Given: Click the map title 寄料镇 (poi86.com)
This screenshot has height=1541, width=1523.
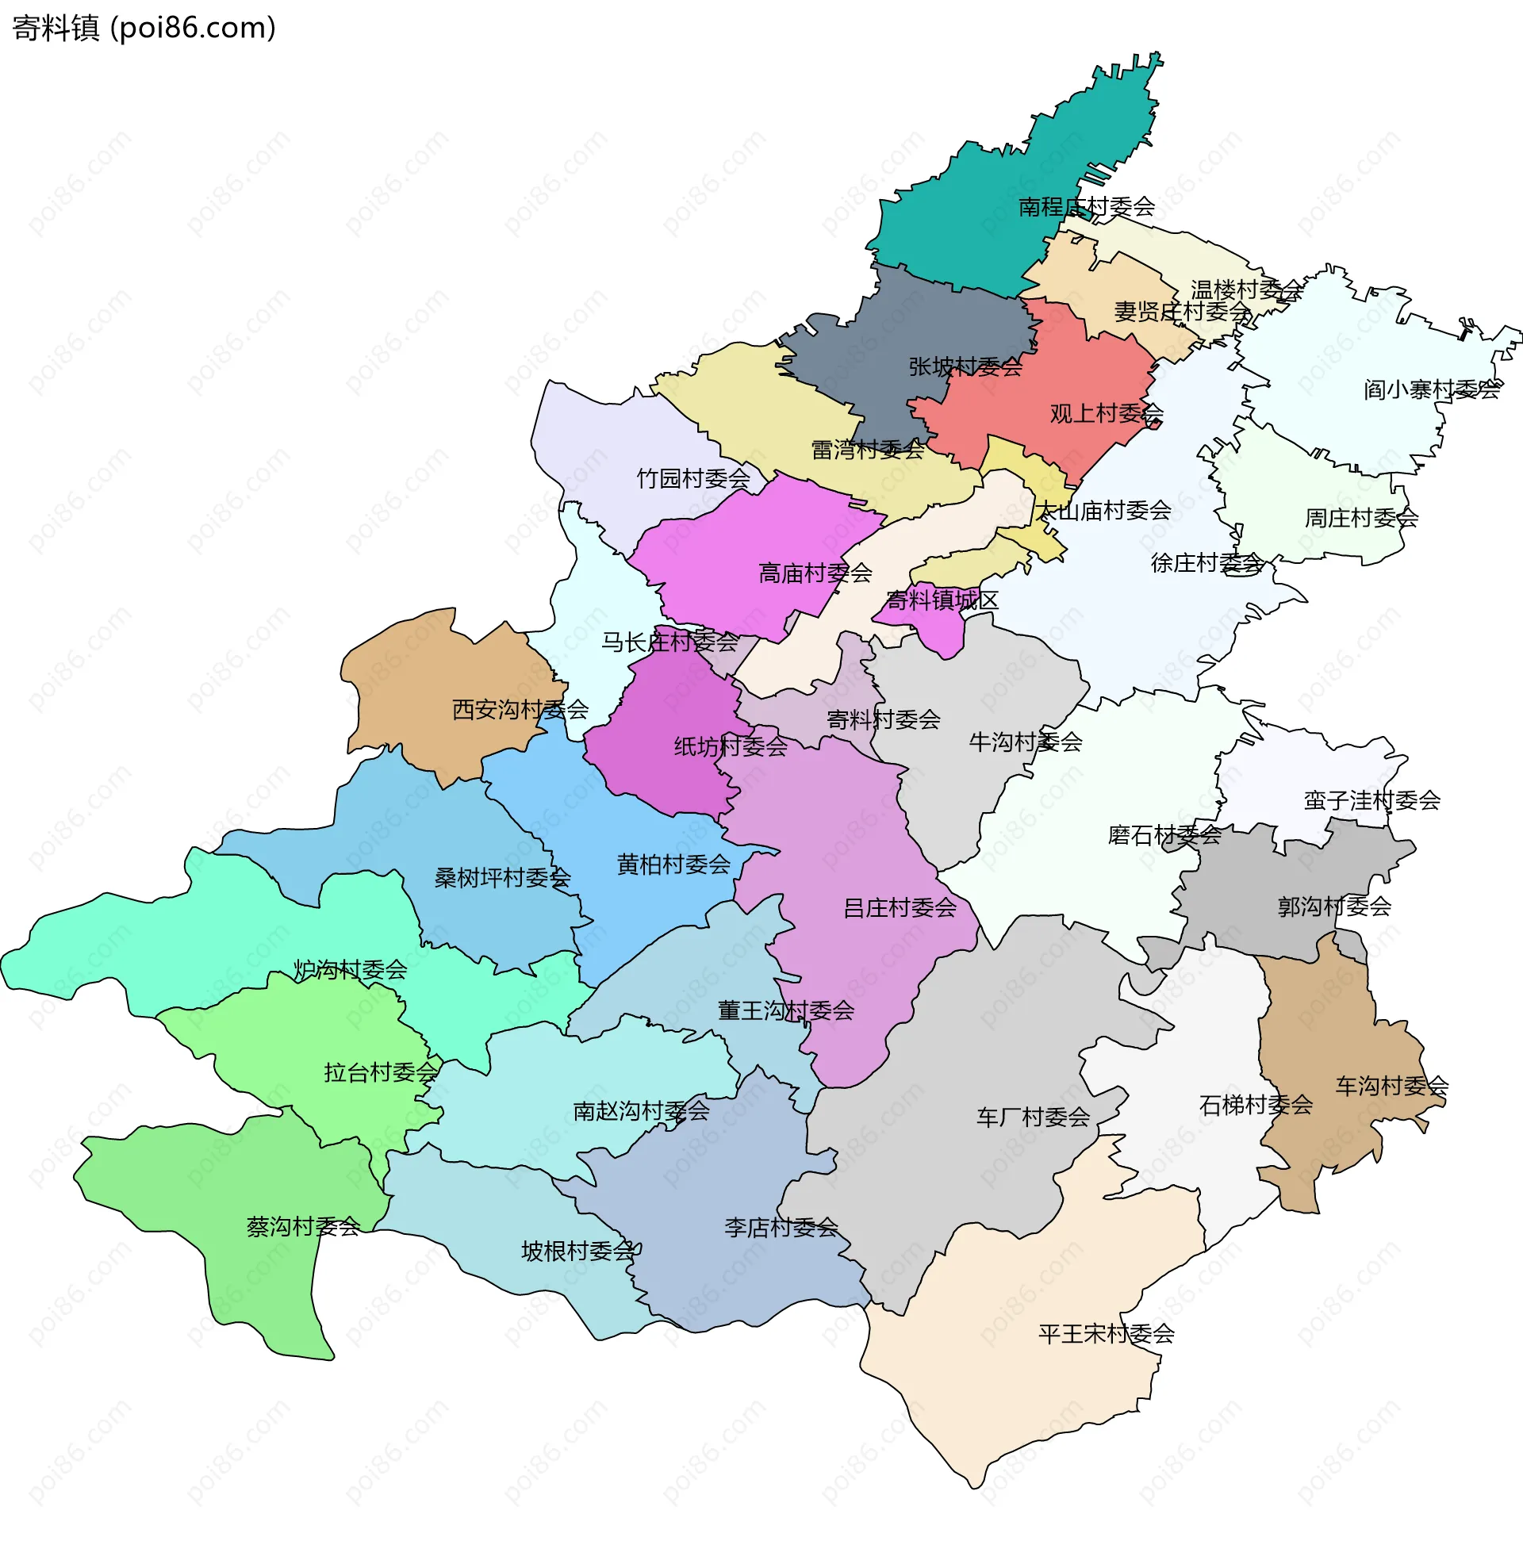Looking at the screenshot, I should coord(144,28).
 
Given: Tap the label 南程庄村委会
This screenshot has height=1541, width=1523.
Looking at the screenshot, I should coord(1087,207).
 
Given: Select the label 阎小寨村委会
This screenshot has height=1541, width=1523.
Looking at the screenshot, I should coord(1432,389).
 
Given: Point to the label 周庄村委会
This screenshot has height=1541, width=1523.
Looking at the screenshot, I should coord(1361,519).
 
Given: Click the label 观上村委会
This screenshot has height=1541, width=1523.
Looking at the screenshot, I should coord(1106,413).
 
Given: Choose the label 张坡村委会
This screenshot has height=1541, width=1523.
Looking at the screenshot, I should coord(965,367).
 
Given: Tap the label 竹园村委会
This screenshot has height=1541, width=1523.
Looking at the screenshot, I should coord(693,478).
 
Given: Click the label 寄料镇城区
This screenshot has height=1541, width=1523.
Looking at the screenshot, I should coord(942,600).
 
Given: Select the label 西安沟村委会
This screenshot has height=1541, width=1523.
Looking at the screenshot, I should coord(520,710).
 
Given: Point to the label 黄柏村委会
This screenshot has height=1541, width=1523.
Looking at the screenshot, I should coord(673,864).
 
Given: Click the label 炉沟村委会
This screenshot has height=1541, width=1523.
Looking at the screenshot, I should coord(351,970).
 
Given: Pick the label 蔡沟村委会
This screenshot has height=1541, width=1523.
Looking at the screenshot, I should coord(303,1227).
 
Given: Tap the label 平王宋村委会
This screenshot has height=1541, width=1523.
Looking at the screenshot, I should coord(1106,1334).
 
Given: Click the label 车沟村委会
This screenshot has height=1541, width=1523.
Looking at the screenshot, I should coord(1391,1087).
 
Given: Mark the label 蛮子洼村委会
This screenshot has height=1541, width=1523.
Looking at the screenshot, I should coord(1371,801).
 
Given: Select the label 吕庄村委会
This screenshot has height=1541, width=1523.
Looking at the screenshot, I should coord(899,907).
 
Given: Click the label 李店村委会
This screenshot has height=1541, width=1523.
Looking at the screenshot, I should coord(781,1228).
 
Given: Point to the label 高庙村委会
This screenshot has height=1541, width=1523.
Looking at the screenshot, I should coord(815,573).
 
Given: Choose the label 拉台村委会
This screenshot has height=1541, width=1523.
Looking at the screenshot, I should coord(381,1073).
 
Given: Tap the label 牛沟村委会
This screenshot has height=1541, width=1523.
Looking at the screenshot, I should coord(1025,742).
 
